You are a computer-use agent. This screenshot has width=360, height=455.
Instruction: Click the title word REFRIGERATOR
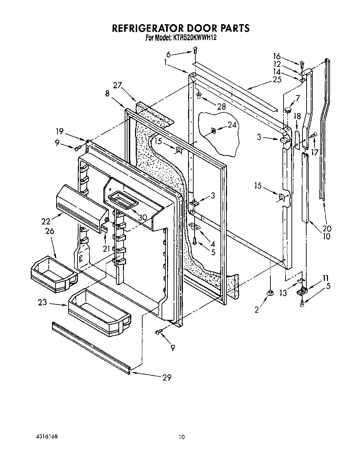149,28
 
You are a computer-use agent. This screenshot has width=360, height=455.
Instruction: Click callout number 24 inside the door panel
232,125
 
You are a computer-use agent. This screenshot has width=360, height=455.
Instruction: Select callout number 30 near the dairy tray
142,218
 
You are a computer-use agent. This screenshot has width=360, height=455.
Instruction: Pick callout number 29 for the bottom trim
166,377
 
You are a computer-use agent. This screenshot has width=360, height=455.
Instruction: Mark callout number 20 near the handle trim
327,228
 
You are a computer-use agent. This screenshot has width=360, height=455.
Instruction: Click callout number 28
222,107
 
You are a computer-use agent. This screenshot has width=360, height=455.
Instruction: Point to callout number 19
60,131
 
